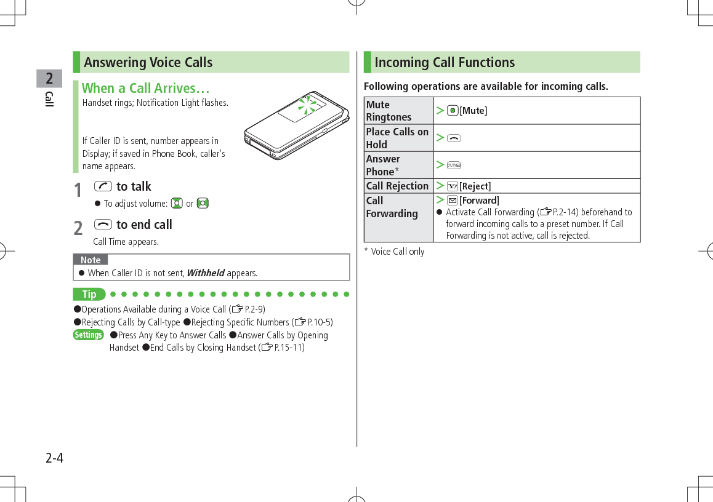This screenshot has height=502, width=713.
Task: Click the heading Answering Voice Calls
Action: (148, 62)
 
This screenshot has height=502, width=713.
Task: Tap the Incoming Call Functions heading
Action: (445, 62)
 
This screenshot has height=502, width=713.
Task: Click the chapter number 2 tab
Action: (49, 78)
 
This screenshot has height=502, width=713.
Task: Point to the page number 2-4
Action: (54, 458)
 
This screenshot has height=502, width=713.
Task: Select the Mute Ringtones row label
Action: (389, 111)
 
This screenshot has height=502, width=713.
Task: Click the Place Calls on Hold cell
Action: (397, 138)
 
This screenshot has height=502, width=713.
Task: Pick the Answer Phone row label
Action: (383, 165)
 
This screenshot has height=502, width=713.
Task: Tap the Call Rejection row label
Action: (397, 186)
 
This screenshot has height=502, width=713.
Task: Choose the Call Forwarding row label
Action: (392, 207)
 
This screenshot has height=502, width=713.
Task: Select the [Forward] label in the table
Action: (479, 201)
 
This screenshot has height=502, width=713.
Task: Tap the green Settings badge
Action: (88, 335)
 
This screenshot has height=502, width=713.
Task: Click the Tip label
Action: (89, 294)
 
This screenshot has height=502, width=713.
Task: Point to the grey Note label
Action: (91, 260)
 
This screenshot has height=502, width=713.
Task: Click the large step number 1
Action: (78, 190)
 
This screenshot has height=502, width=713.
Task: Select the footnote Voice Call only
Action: (398, 252)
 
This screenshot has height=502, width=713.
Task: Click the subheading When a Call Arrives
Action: (147, 88)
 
